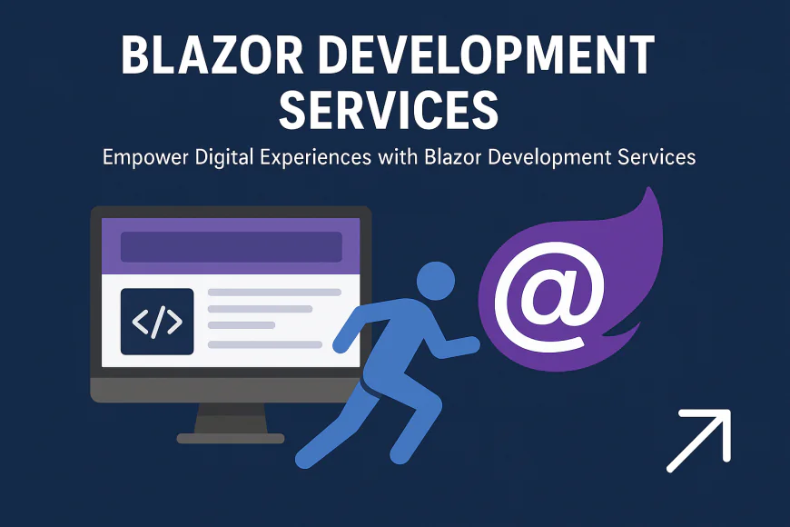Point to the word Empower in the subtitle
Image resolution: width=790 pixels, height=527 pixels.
point(145,157)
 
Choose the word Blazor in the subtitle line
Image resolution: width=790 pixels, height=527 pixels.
point(453,156)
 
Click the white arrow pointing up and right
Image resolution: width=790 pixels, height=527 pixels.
point(699,441)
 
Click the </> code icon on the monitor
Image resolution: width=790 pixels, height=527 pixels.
point(157,322)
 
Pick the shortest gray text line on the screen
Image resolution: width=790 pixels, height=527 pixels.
point(241,325)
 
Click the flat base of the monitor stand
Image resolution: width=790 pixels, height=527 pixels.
point(231,438)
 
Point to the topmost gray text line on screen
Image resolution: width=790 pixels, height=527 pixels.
point(274,293)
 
